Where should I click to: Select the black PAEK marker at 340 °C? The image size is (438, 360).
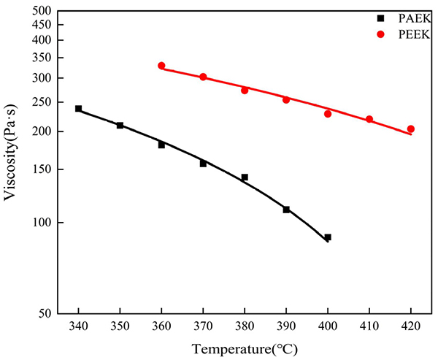[78, 109]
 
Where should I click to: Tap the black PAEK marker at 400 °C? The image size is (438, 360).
[328, 237]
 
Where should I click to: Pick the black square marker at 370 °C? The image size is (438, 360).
[203, 164]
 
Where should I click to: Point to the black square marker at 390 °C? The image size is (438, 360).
[286, 210]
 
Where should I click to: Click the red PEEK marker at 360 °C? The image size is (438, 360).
[161, 66]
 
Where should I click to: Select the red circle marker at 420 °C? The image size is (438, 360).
[411, 129]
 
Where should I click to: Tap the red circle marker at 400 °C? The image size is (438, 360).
[328, 114]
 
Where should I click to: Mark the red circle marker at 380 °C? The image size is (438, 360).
[245, 91]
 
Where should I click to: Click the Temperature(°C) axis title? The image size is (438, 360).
[245, 350]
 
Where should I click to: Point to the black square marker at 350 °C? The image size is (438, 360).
[120, 126]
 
